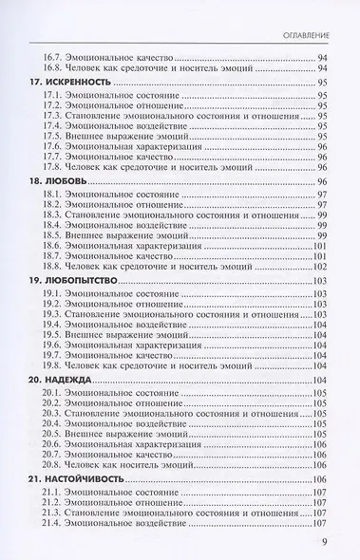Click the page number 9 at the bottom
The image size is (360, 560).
(x=324, y=544)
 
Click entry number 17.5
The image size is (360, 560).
(x=53, y=137)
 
